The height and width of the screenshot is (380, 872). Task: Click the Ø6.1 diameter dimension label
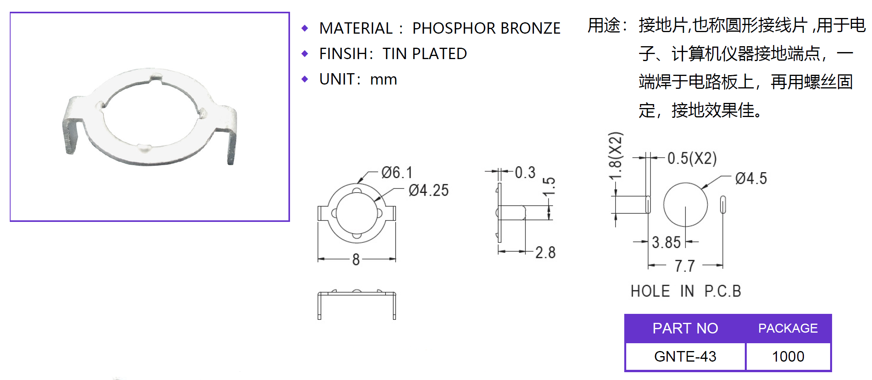[397, 173]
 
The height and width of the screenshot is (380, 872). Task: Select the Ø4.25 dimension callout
[429, 191]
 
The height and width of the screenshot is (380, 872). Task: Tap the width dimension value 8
[356, 259]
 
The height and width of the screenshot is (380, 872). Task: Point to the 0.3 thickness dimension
[525, 172]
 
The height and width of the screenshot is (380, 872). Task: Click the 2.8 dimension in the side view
[545, 252]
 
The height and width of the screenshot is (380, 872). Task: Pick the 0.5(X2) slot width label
[692, 158]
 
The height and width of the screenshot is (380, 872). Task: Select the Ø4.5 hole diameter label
[751, 178]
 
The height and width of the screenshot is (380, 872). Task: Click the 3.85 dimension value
[666, 242]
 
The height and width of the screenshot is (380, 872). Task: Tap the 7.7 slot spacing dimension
[685, 266]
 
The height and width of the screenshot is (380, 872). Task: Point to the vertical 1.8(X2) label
[616, 155]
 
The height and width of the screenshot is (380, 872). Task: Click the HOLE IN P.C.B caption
[686, 291]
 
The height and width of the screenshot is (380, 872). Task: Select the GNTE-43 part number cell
[685, 357]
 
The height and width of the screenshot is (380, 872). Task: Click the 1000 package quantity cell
[788, 357]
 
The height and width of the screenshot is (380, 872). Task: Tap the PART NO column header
[685, 328]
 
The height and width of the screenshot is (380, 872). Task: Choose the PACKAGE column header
[788, 328]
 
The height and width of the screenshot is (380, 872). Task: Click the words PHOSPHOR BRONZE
[486, 28]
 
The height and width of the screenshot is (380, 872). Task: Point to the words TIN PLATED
[425, 54]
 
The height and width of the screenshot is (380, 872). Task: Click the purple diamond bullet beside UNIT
[305, 79]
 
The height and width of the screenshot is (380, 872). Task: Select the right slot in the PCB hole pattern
[723, 204]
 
